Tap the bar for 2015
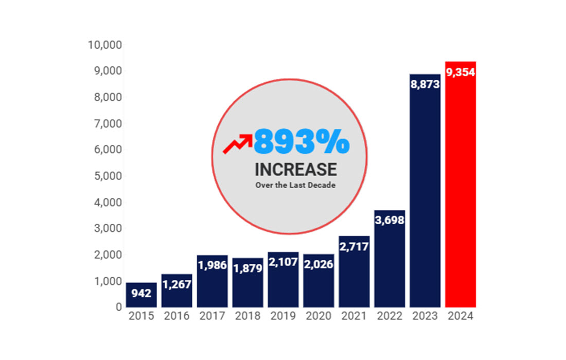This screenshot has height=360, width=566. (x=141, y=295)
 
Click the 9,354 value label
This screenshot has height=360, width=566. (x=461, y=72)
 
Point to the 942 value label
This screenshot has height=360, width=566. (x=141, y=294)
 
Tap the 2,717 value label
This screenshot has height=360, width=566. (x=354, y=247)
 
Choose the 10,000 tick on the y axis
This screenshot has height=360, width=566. (x=105, y=45)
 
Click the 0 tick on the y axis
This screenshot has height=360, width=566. (x=118, y=307)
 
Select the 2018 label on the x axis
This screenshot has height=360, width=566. (x=247, y=316)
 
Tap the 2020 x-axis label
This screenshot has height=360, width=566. (x=319, y=316)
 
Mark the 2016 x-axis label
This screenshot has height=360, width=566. (x=176, y=316)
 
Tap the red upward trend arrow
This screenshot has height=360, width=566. (x=237, y=143)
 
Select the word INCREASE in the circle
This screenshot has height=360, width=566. (x=295, y=169)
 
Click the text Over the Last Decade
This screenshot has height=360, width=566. (x=295, y=185)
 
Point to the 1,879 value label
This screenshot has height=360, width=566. (x=247, y=268)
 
